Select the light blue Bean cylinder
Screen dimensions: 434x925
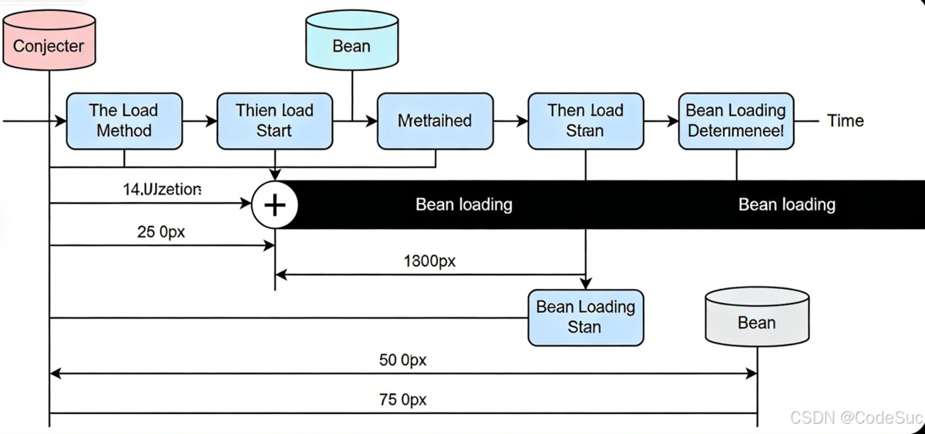pos(351,45)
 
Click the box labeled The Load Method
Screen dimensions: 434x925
pos(124,121)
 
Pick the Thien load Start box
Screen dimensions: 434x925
pos(274,121)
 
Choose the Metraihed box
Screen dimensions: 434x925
pos(435,121)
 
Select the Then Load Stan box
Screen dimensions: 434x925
pos(585,121)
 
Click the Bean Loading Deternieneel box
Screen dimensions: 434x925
pos(736,121)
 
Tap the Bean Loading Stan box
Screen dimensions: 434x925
pos(585,317)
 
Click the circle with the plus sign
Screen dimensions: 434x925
pos(275,204)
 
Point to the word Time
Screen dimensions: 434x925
pos(845,121)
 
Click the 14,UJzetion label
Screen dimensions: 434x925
pos(162,189)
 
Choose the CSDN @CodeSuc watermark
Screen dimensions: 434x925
pos(856,417)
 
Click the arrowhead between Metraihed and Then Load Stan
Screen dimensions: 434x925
pos(523,121)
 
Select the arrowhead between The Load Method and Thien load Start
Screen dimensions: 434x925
pos(212,121)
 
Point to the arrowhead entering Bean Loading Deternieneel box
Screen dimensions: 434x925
pos(673,121)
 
